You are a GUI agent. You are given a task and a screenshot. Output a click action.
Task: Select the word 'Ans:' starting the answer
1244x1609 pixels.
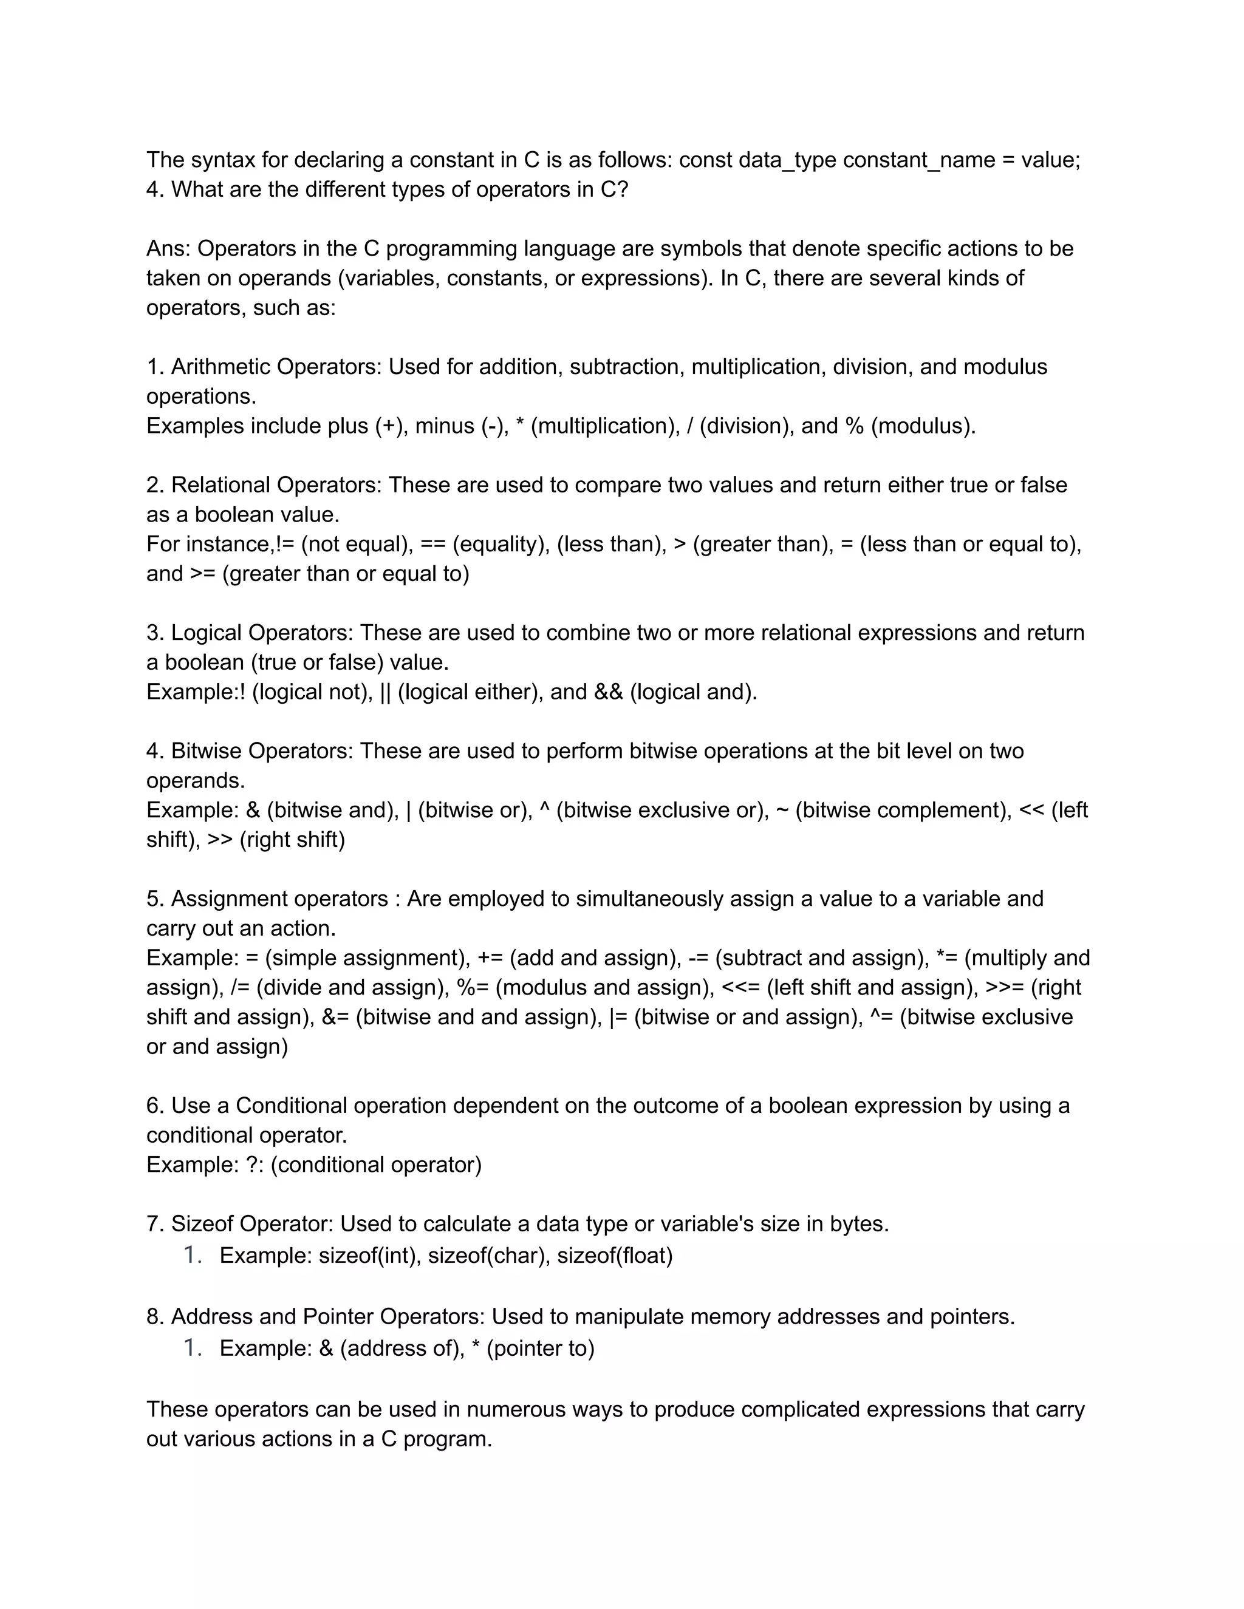[169, 248]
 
